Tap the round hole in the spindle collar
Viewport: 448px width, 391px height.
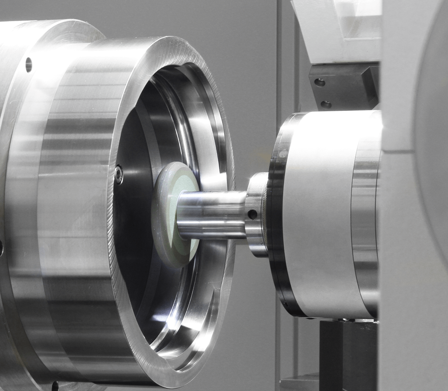click(253, 214)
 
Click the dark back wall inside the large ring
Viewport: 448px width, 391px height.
click(132, 229)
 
